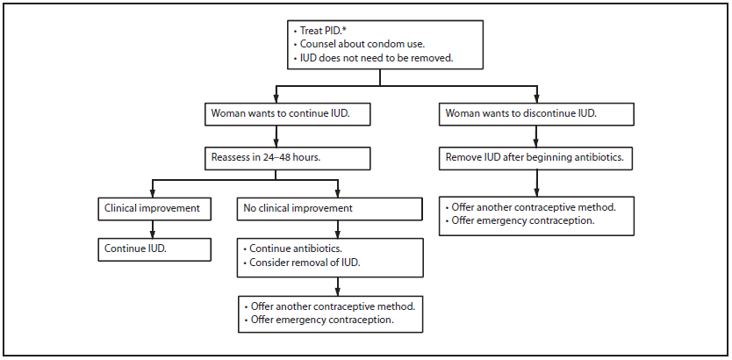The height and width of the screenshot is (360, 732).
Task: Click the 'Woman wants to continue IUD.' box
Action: [x=276, y=114]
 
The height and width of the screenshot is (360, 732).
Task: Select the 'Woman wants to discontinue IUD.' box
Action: [x=535, y=114]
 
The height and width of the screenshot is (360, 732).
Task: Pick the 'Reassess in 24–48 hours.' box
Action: [x=276, y=158]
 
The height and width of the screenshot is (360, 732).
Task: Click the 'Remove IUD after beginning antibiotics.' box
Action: [x=535, y=158]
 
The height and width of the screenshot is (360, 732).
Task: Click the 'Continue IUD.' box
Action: [x=154, y=249]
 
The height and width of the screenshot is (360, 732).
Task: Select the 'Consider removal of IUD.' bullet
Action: [x=304, y=263]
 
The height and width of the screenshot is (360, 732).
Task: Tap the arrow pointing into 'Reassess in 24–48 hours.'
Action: [x=276, y=140]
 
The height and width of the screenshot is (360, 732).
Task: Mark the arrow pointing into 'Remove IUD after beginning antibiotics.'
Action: [x=535, y=140]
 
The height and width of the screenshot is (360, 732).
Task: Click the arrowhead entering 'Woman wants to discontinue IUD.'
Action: [x=535, y=97]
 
